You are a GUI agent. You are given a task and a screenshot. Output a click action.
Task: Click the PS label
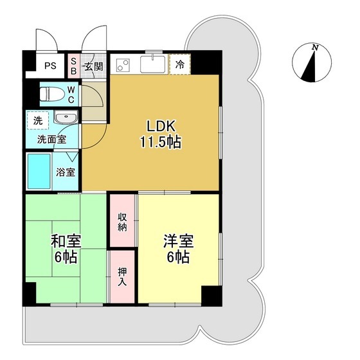point(50,66)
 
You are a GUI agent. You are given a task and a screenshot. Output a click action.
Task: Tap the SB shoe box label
point(73,64)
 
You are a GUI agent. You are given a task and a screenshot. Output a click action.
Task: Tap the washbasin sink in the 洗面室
point(65,119)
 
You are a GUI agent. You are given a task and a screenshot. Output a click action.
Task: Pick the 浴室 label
point(66,172)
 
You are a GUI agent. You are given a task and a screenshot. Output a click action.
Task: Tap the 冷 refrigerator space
point(180,64)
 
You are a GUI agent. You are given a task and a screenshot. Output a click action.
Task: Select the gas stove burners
point(122,66)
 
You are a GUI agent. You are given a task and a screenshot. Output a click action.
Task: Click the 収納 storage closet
point(122,221)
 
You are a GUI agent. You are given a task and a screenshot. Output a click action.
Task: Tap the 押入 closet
point(122,274)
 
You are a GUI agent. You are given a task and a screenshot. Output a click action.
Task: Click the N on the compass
point(315,48)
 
